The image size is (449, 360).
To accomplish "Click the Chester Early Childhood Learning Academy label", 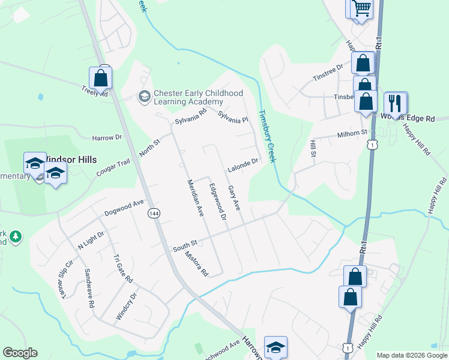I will pos(198,97).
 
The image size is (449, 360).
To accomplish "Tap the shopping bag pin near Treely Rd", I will pos(100,78).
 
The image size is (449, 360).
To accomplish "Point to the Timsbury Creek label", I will pos(267,136).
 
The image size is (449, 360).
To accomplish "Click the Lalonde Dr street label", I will pos(243,165).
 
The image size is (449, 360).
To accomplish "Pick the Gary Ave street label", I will pos(234,198).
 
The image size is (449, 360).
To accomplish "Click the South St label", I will pos(185,245).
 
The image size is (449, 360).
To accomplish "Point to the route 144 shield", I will pos(154,213).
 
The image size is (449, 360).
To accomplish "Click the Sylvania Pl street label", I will pos(233,116).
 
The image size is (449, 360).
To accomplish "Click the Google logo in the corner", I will pos(20,353).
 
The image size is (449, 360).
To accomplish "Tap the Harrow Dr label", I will pos(107,138).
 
